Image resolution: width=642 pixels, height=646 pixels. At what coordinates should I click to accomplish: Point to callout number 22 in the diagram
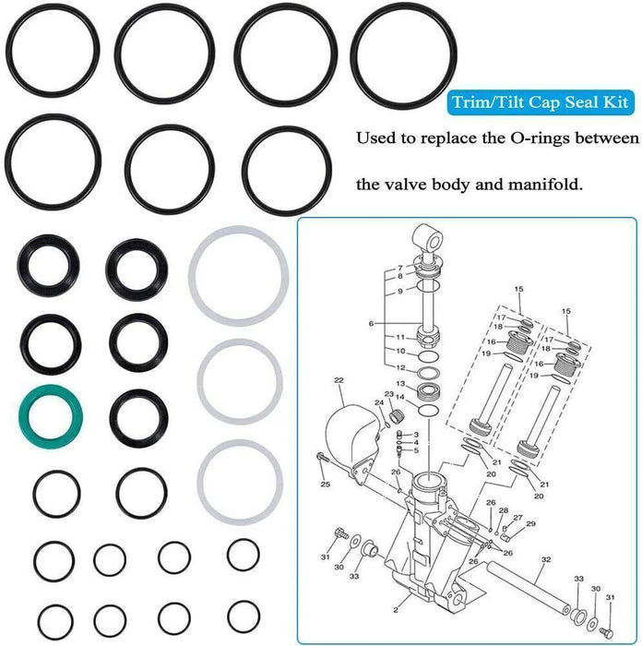(x=339, y=379)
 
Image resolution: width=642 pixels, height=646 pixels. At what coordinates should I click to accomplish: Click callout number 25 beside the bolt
(x=325, y=484)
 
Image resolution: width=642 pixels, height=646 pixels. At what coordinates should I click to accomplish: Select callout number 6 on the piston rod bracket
(x=371, y=323)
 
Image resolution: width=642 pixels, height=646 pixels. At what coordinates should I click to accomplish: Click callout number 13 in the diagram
(x=400, y=384)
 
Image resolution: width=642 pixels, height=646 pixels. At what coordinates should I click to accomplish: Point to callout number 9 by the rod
(x=400, y=292)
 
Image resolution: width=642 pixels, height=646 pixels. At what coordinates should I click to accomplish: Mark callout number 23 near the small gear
(x=388, y=395)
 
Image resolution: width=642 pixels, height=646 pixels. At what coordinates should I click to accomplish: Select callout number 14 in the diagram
(x=400, y=397)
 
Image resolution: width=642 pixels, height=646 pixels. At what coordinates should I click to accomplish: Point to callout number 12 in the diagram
(x=400, y=367)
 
